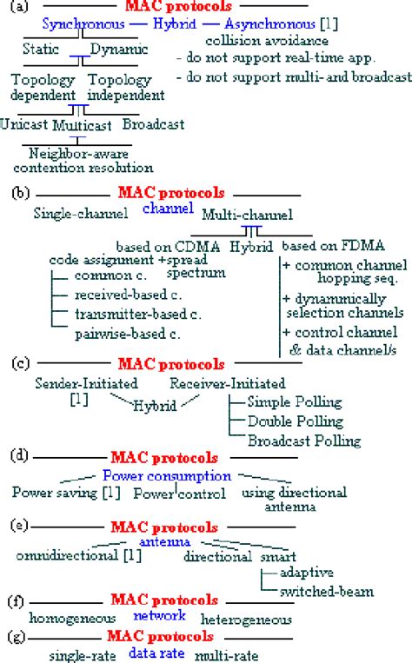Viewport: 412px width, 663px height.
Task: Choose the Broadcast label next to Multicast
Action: pos(153,124)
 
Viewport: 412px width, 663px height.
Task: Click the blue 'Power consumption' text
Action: pos(167,475)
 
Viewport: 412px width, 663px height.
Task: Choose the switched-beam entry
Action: pos(327,591)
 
